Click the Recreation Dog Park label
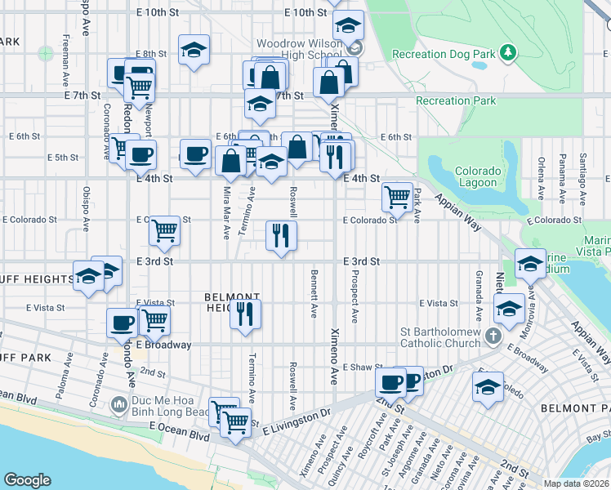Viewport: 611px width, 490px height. coord(444,54)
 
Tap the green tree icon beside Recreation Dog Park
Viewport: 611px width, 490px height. coord(508,53)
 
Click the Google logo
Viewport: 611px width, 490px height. coord(27,480)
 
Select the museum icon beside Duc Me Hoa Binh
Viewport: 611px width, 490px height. coord(119,403)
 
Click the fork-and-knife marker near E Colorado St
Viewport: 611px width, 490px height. coord(280,235)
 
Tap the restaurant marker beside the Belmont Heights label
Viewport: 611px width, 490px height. coord(245,314)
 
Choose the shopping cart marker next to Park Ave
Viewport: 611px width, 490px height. coord(396,196)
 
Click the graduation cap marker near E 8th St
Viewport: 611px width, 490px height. coord(194,50)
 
